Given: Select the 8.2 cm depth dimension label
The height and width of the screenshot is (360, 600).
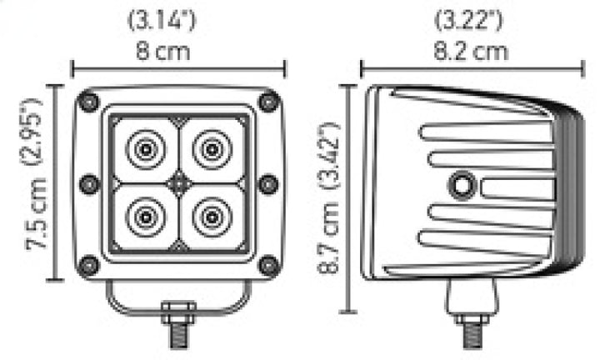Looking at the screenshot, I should [472, 52].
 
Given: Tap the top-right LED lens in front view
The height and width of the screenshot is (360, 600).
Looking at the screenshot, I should [208, 150].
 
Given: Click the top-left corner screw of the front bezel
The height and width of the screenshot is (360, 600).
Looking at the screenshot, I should [87, 102].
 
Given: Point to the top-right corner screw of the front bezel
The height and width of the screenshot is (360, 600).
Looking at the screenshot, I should [267, 102].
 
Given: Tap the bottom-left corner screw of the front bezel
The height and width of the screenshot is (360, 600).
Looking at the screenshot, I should [87, 265].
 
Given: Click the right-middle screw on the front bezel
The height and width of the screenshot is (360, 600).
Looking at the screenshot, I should [267, 182].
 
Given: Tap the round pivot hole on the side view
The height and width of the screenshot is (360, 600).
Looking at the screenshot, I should [461, 187].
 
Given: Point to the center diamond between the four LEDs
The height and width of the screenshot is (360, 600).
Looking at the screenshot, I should [177, 182].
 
